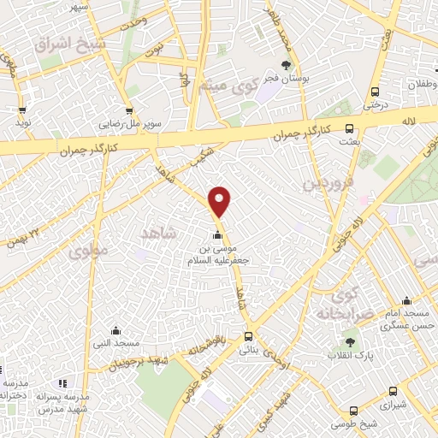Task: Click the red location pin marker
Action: coord(220,201)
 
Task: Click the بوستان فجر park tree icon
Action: coord(286,64)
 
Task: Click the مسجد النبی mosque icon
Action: coord(115,331)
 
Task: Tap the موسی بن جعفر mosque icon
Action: coord(217,236)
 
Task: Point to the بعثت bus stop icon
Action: coord(348,127)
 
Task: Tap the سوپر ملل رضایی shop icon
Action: coord(128,110)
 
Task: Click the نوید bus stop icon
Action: coord(22,109)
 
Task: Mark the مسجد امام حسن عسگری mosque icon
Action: coord(406,301)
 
